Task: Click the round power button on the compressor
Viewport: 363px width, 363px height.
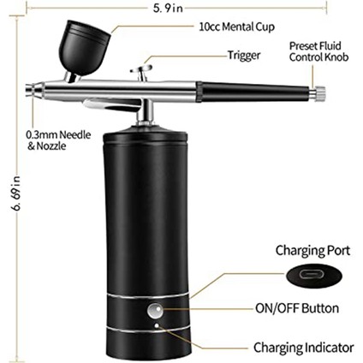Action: (156, 311)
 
